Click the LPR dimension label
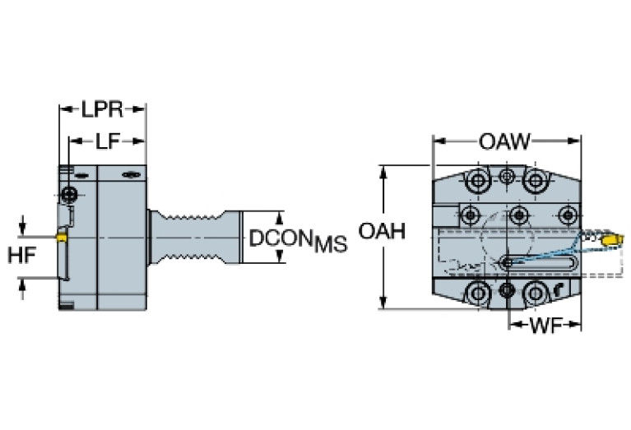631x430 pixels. click(101, 109)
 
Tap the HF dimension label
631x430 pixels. click(22, 256)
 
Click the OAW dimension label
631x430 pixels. click(505, 141)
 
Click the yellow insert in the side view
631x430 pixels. click(61, 237)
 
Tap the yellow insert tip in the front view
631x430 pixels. click(610, 239)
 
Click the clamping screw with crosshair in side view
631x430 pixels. click(71, 195)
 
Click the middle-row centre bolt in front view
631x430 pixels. click(518, 215)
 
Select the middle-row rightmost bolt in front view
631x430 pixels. click(566, 215)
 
